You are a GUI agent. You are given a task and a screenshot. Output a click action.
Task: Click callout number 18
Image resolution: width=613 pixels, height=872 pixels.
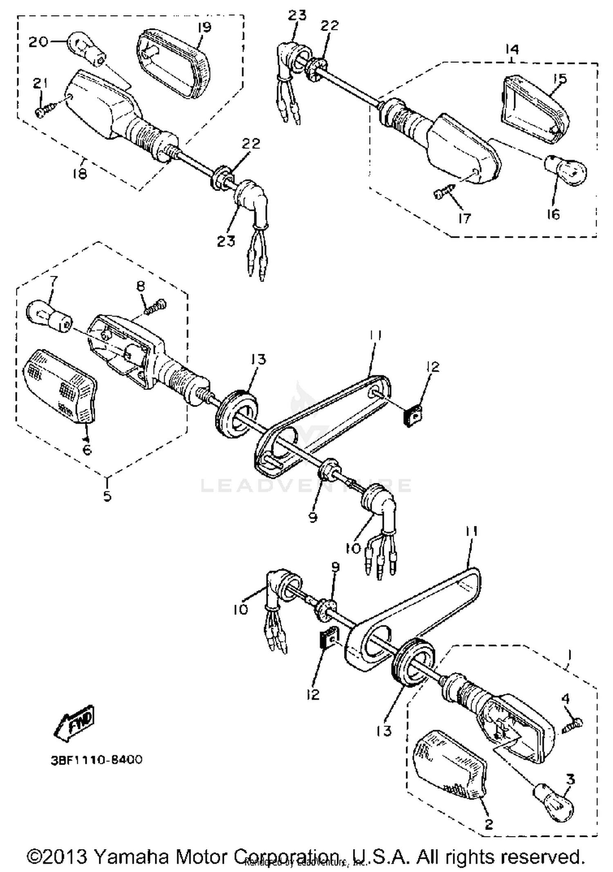pos(80,174)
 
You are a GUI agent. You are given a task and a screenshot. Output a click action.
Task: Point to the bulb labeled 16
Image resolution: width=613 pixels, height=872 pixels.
pos(566,169)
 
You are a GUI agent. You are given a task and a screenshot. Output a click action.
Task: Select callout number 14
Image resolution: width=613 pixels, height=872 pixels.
pos(512,49)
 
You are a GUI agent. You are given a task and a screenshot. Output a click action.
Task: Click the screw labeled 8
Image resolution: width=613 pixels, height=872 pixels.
pos(156,307)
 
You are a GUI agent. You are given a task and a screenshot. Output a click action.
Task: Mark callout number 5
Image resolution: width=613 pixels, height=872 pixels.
pos(107,496)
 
